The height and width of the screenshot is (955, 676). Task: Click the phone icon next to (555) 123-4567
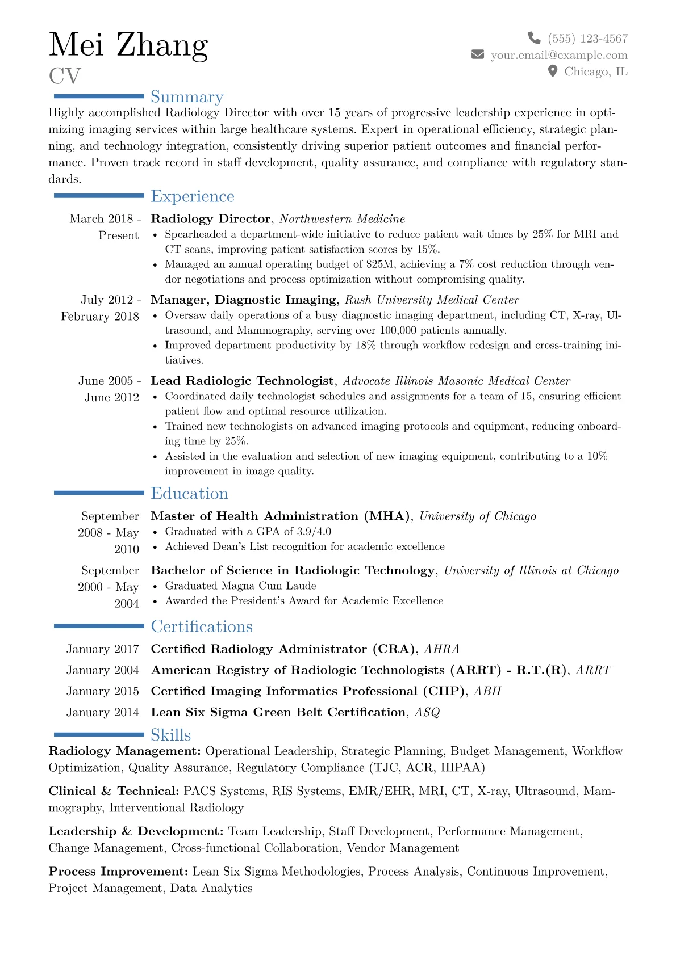point(534,38)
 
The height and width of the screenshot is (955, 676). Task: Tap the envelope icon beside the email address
point(478,54)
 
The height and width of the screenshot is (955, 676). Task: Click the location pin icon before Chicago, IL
point(553,71)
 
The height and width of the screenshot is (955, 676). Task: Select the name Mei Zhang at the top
point(128,45)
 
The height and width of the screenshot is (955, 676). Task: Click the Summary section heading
point(187,97)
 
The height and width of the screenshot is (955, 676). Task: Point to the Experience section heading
point(192,196)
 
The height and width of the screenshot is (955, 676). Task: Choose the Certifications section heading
point(201,626)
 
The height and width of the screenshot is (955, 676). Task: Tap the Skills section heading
point(170,735)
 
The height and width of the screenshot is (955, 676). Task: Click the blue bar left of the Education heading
point(99,493)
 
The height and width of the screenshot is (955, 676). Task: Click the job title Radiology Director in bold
point(210,219)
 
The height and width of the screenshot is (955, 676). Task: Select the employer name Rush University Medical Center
point(432,300)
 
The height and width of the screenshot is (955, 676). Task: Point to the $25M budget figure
point(380,264)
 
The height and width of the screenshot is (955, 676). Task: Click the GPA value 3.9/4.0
point(314,532)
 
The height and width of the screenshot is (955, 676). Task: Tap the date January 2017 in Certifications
point(103,649)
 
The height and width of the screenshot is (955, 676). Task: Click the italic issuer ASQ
point(427,712)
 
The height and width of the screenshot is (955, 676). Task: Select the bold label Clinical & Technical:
point(114,791)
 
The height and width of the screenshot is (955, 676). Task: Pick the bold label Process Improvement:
point(118,872)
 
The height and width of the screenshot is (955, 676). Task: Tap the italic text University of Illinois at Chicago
point(531,571)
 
